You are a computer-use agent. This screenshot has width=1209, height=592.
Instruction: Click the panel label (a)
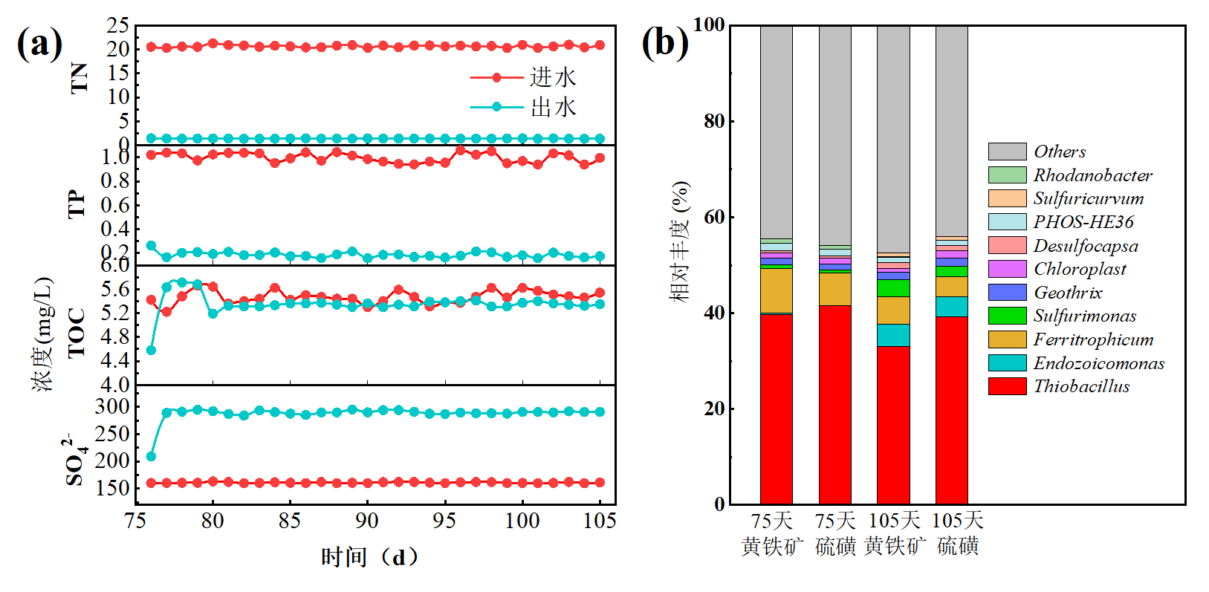tap(39, 43)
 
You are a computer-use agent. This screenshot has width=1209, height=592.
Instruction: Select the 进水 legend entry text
tap(553, 77)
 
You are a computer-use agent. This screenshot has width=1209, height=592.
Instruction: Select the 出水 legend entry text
tap(553, 107)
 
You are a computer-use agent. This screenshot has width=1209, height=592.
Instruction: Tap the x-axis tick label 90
tap(366, 521)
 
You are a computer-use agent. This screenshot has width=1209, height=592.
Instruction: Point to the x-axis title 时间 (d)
tap(369, 557)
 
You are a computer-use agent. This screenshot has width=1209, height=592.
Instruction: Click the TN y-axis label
tap(79, 77)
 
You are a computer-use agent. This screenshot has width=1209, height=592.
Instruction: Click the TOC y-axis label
tap(77, 334)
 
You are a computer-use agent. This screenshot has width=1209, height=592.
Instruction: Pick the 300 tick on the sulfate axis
tap(112, 406)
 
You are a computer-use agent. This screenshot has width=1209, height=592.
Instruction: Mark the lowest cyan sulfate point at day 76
tap(151, 456)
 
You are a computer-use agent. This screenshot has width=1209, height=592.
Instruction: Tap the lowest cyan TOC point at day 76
tap(151, 350)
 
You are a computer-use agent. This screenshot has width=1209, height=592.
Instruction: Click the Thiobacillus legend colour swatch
tap(1007, 386)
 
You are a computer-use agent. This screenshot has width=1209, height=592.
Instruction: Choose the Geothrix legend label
tap(1068, 293)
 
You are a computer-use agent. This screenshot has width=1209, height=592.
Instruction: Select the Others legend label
tap(1060, 152)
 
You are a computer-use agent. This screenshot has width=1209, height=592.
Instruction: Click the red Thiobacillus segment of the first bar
tap(776, 409)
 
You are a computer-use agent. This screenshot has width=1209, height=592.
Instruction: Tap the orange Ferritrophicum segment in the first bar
tap(776, 290)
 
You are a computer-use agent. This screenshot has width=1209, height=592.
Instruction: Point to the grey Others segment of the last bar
tap(951, 130)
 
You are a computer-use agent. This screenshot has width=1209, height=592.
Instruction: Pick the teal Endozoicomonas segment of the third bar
tap(893, 335)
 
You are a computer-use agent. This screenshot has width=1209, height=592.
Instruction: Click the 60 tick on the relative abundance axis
tap(714, 217)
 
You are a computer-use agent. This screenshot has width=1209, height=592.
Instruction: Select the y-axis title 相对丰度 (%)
tap(680, 241)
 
